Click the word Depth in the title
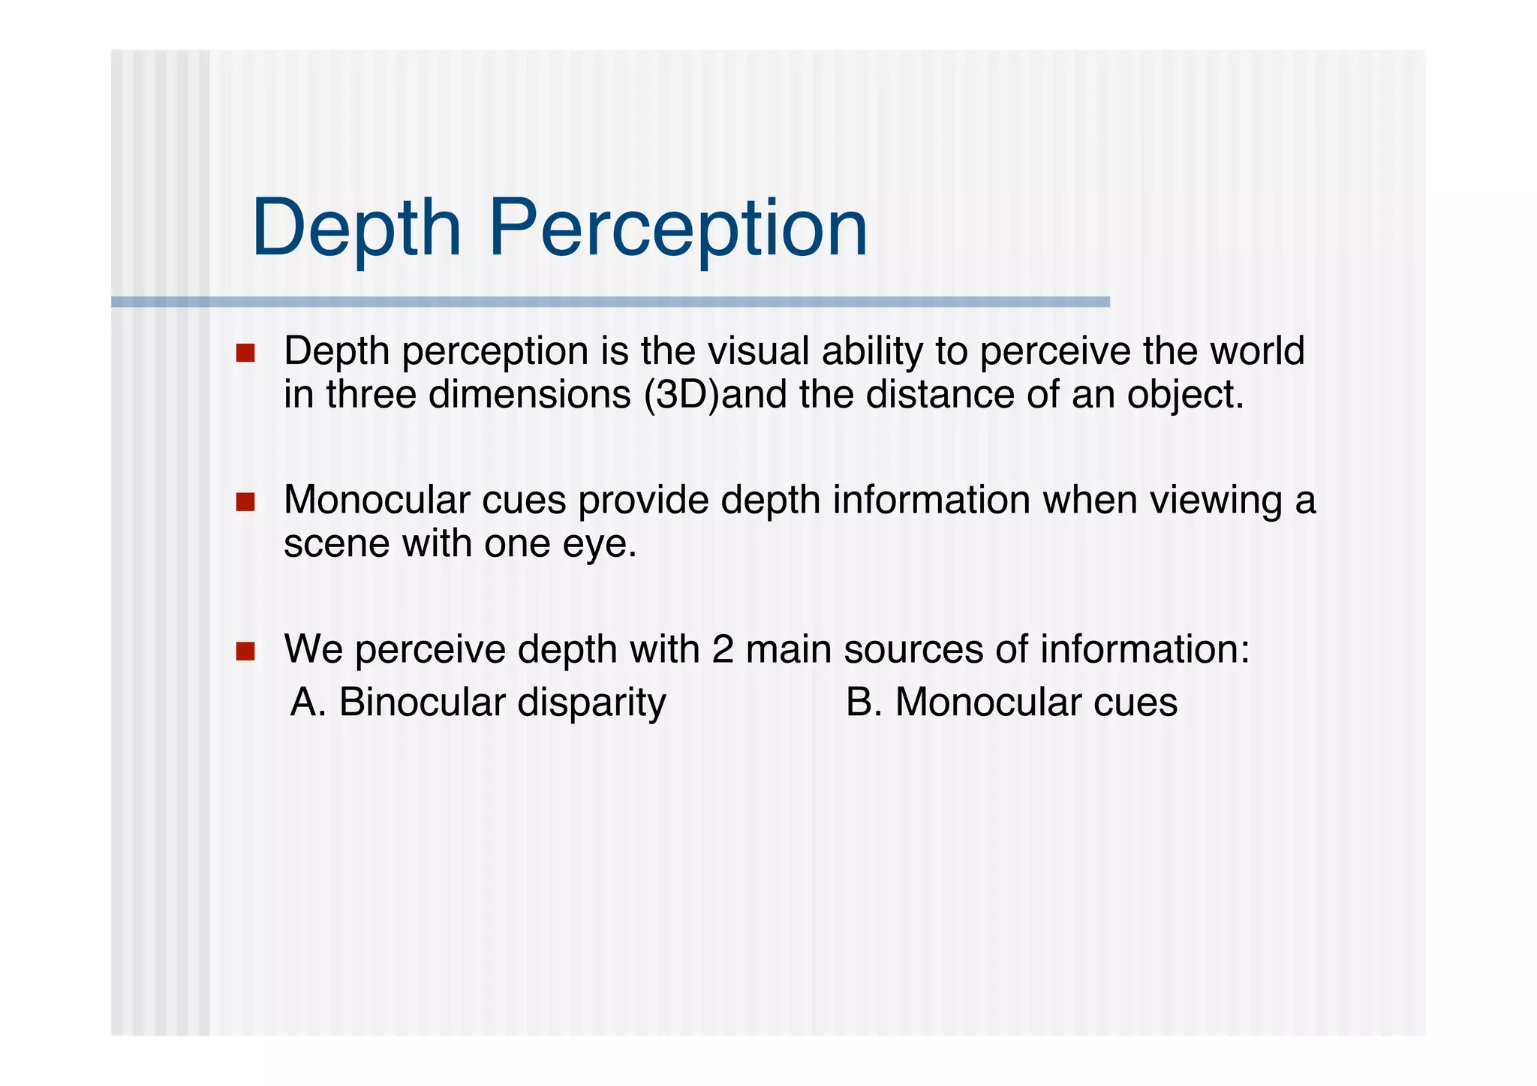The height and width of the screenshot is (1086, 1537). click(x=356, y=228)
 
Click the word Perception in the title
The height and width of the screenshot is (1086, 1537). click(x=678, y=228)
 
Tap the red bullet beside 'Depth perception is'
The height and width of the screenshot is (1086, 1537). click(x=245, y=353)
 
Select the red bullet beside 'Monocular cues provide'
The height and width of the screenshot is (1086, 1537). click(x=245, y=501)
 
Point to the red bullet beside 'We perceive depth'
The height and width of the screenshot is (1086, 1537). click(x=245, y=651)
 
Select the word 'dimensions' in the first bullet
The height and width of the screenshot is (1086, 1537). click(x=530, y=395)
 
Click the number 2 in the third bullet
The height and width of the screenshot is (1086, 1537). click(x=723, y=649)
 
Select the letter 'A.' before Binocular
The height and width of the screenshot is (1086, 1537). click(x=308, y=702)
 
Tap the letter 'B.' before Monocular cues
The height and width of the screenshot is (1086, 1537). click(x=864, y=702)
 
